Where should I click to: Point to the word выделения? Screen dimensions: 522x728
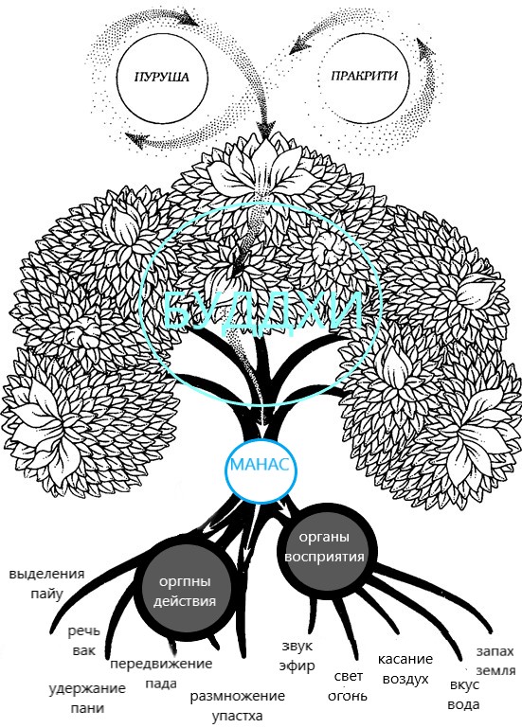click(x=47, y=574)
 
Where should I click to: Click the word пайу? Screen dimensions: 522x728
click(x=47, y=594)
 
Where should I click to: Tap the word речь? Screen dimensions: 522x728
click(x=84, y=630)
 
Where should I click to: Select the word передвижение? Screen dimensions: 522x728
click(x=161, y=664)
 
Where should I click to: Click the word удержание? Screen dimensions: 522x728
click(x=87, y=688)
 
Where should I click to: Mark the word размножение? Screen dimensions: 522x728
click(x=238, y=696)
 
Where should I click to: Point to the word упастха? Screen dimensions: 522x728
click(x=238, y=716)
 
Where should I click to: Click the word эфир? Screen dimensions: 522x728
click(x=297, y=666)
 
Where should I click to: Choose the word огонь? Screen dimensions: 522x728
click(x=348, y=696)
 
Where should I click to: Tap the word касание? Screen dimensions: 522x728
click(x=405, y=659)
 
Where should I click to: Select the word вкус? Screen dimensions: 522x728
click(x=465, y=685)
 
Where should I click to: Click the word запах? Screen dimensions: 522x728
click(x=495, y=651)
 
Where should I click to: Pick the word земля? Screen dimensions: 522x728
click(x=496, y=671)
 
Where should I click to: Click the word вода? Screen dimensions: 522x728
click(x=464, y=704)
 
